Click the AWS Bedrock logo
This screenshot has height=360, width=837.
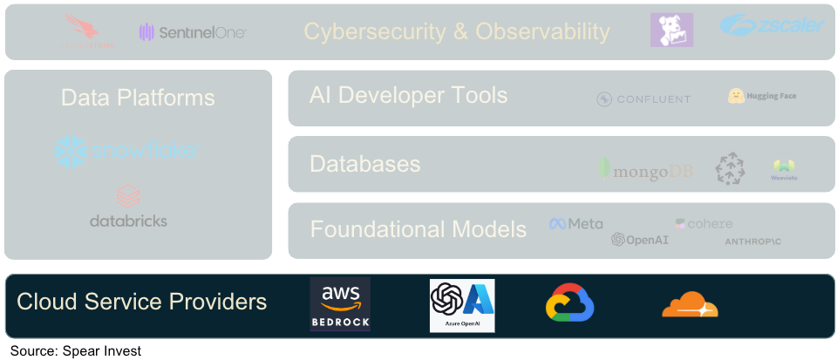click(x=340, y=304)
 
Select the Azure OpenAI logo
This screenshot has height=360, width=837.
click(x=462, y=305)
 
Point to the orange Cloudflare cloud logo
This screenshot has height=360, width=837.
click(x=690, y=305)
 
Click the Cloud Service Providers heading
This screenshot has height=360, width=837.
click(x=142, y=302)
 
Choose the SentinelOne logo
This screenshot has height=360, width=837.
click(x=193, y=32)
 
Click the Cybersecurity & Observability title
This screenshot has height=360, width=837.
click(x=457, y=32)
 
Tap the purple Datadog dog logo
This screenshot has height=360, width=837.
click(x=671, y=31)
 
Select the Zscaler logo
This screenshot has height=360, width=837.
click(x=772, y=25)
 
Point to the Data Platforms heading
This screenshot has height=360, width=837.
click(x=138, y=98)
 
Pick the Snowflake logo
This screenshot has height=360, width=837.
click(x=126, y=151)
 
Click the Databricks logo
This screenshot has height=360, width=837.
click(x=128, y=207)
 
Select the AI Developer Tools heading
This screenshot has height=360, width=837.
click(x=408, y=95)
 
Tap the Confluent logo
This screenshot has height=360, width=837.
click(x=643, y=99)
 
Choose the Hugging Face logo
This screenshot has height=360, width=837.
click(x=762, y=96)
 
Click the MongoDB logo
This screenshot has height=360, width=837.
click(x=646, y=170)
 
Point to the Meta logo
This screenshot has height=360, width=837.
click(x=575, y=224)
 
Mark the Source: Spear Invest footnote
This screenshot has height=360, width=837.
click(x=76, y=350)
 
